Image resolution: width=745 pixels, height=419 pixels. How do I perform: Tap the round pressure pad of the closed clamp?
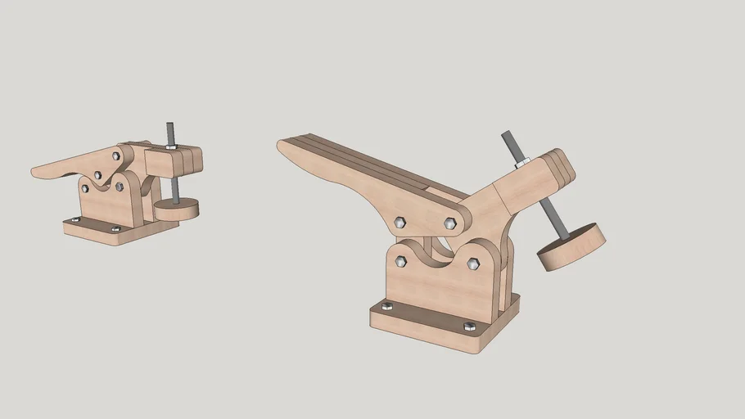tap(177, 209)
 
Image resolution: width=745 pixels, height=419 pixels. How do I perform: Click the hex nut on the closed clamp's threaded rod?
tap(171, 146)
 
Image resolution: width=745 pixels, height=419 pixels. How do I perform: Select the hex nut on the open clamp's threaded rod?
tap(521, 164)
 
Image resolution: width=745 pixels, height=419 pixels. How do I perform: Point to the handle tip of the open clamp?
tap(283, 145)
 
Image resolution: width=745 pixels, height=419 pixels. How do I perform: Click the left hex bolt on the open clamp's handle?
tap(400, 222)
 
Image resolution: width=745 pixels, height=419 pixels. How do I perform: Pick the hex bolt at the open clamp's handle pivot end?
tap(450, 223)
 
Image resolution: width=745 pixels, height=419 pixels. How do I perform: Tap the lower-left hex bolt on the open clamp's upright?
tap(400, 261)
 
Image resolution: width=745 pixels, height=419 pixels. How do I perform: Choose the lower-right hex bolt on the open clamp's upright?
tap(473, 264)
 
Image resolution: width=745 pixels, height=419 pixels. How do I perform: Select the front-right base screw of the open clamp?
tap(469, 326)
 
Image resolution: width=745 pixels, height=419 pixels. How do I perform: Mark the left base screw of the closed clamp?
tap(76, 219)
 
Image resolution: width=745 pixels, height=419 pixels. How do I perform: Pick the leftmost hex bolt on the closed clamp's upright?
tap(84, 188)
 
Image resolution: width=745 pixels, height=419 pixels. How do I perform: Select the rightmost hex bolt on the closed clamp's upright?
tap(120, 187)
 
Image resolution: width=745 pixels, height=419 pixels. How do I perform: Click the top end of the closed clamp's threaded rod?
tap(169, 125)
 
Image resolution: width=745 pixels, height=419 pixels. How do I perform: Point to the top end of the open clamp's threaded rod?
tap(506, 135)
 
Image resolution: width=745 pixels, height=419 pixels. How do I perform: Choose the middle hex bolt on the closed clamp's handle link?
tap(98, 174)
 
